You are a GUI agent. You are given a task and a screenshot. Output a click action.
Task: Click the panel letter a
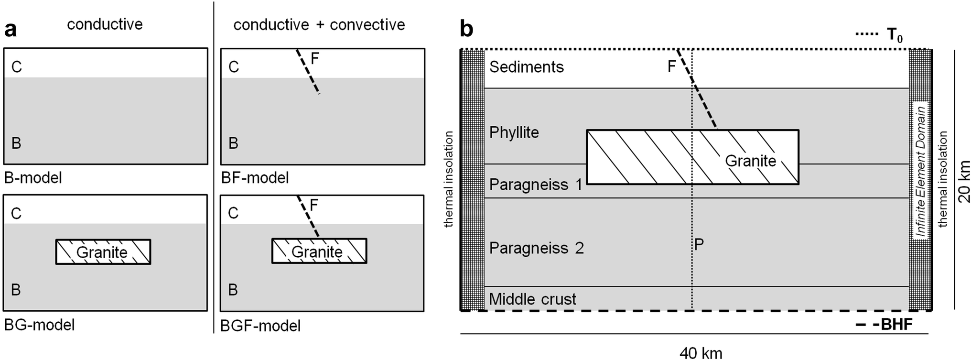tap(11, 30)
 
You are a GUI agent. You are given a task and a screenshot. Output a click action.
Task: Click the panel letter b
tap(466, 30)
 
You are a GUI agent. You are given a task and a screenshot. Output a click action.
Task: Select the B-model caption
tap(33, 178)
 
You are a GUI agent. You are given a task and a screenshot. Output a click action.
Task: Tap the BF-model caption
tap(255, 178)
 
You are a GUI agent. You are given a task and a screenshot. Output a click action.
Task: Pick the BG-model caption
tap(40, 325)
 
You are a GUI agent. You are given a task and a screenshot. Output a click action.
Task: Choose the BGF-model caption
tap(260, 326)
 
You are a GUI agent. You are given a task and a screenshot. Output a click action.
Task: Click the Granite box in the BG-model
tap(103, 252)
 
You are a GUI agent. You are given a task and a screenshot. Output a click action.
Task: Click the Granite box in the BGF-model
tap(319, 251)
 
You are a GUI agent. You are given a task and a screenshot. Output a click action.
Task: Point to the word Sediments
tap(527, 67)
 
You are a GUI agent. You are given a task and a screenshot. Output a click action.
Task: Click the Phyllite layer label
tap(514, 132)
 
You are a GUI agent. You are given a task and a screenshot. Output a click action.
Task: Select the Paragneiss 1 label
tap(536, 185)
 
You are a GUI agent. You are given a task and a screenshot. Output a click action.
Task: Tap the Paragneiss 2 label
tap(537, 248)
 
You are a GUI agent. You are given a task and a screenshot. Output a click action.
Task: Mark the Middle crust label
tap(532, 299)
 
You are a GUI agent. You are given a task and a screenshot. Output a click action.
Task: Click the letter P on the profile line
tap(699, 245)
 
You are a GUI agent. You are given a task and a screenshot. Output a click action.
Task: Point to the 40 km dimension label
tap(701, 353)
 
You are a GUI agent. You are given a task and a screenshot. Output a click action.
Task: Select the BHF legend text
tap(896, 325)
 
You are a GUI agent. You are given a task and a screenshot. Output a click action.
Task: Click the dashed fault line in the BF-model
tap(308, 71)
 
